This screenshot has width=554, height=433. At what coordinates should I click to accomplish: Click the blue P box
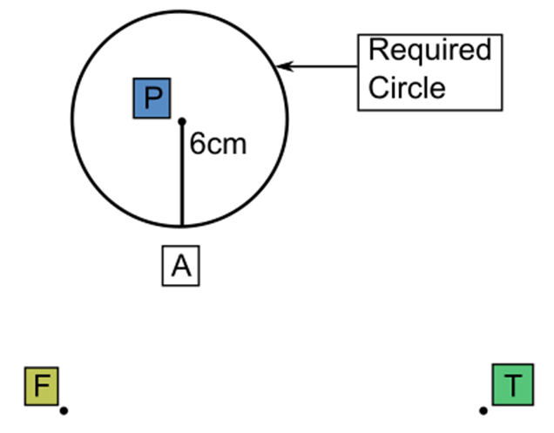[x=152, y=98]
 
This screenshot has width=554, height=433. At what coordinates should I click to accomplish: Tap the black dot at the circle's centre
[x=181, y=121]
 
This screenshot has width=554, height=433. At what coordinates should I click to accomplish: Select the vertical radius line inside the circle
[x=181, y=174]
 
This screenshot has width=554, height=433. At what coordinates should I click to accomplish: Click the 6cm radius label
[x=218, y=145]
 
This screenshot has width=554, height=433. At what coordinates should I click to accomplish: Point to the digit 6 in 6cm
[x=198, y=145]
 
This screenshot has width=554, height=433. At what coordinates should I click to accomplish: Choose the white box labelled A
[x=180, y=266]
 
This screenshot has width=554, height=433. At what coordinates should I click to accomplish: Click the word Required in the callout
[x=429, y=51]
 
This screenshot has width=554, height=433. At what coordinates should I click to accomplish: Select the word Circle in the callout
[x=407, y=87]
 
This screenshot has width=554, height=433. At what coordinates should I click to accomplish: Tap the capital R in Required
[x=377, y=51]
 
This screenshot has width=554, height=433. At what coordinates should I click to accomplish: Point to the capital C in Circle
[x=378, y=87]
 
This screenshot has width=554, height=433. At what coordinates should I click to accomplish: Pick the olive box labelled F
[x=41, y=385]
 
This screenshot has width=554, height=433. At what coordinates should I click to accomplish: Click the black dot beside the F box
[x=64, y=409]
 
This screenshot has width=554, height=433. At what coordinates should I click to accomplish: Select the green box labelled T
[x=513, y=385]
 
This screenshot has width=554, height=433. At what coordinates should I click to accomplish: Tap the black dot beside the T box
[x=483, y=409]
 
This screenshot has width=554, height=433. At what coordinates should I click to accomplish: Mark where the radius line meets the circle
[x=181, y=227]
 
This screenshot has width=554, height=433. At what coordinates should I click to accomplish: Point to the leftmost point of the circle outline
[x=72, y=120]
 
